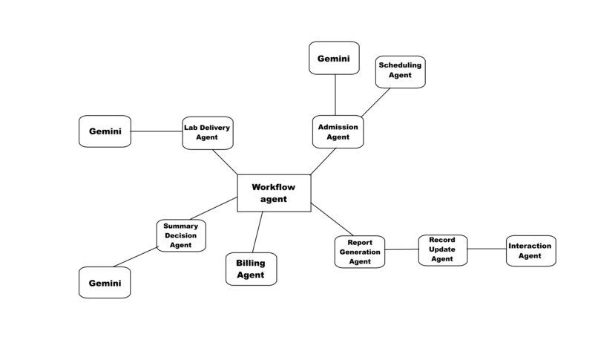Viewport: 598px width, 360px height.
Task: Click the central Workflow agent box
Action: tap(273, 193)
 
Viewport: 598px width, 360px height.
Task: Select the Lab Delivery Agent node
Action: tap(208, 133)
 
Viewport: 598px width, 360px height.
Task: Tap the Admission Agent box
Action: tap(338, 132)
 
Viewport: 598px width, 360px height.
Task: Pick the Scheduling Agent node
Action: tap(400, 71)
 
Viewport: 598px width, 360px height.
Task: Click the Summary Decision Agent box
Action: tap(180, 235)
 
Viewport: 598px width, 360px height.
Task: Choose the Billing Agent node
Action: tap(251, 269)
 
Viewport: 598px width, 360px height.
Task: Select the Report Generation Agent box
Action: tap(360, 252)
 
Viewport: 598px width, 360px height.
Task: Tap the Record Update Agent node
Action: tap(442, 249)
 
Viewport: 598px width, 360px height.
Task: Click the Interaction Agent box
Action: tap(530, 251)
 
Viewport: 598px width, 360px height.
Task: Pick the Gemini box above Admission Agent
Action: tap(334, 58)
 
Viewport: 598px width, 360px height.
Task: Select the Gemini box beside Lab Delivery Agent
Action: tap(105, 131)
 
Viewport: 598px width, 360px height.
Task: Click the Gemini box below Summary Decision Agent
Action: tap(105, 283)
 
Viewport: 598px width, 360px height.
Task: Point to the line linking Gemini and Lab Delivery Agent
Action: tap(157, 132)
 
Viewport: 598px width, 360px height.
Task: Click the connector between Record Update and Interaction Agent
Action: tap(487, 249)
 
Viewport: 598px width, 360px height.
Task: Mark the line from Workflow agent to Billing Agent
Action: tap(257, 232)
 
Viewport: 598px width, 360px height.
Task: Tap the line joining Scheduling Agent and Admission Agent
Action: tap(375, 102)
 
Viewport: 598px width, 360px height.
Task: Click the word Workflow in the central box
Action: tap(273, 187)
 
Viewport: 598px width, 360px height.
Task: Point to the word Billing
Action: tap(251, 263)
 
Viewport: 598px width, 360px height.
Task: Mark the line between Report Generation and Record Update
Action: tap(401, 249)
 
